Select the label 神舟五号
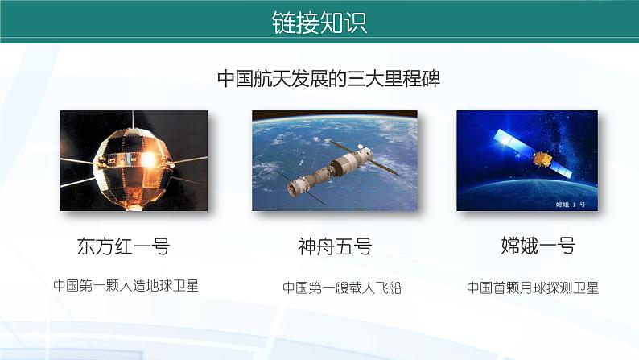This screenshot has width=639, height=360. [x=334, y=246]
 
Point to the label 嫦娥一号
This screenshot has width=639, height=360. [x=538, y=246]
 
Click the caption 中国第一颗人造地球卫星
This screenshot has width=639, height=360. [x=126, y=286]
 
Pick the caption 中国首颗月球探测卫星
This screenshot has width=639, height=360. [x=533, y=288]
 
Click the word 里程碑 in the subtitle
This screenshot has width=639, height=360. [x=410, y=79]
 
